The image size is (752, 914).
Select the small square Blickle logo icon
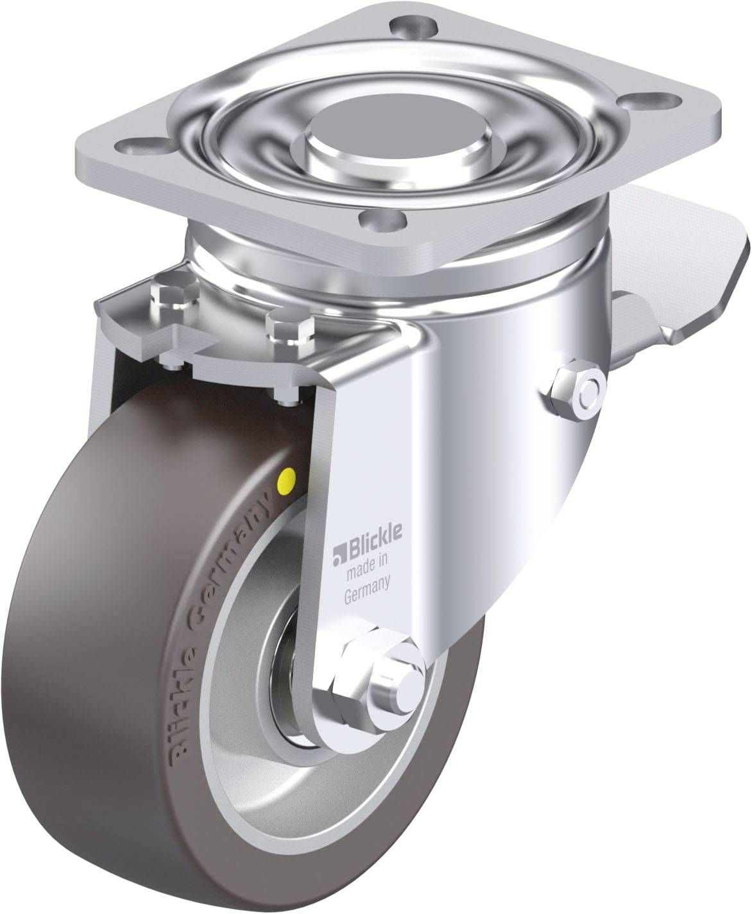[338, 556]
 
